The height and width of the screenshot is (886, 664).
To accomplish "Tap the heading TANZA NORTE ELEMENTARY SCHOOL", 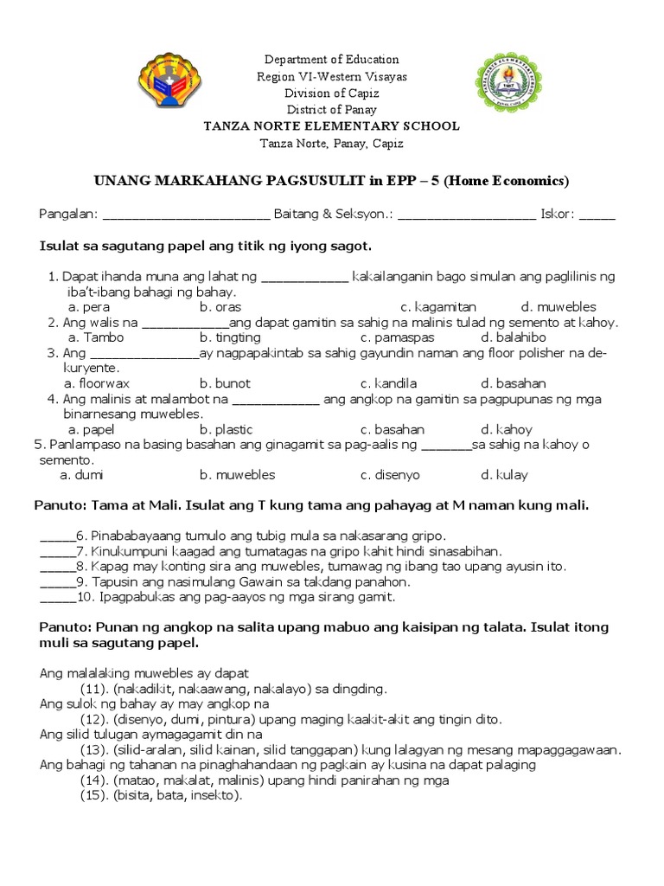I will tap(331, 126).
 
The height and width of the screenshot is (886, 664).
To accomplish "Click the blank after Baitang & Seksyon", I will tap(466, 215).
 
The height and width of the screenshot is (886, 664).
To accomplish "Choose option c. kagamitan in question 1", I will tap(438, 307).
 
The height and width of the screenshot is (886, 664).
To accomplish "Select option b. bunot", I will tap(225, 383).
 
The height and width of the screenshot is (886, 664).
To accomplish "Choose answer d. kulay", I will tap(505, 475).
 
